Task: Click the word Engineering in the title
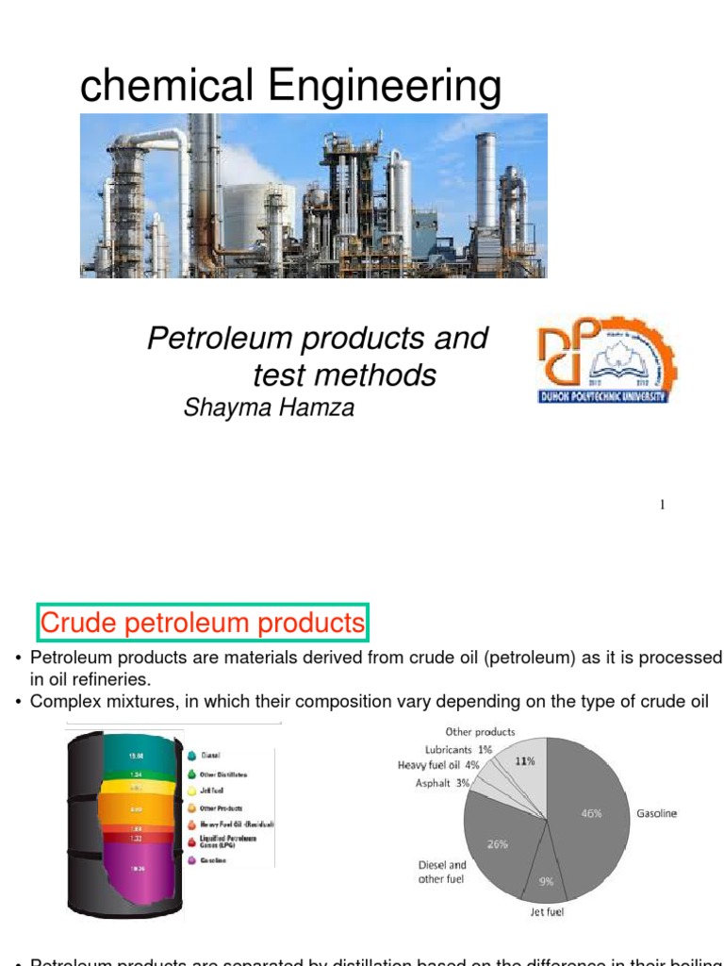(x=385, y=87)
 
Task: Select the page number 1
(x=663, y=506)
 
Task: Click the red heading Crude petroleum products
(x=202, y=624)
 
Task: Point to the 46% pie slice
(x=590, y=813)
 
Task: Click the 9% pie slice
(x=547, y=882)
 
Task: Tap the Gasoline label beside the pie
(x=657, y=813)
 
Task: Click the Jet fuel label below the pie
(x=547, y=913)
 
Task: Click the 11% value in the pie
(x=524, y=760)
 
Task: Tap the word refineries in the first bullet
(x=108, y=679)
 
